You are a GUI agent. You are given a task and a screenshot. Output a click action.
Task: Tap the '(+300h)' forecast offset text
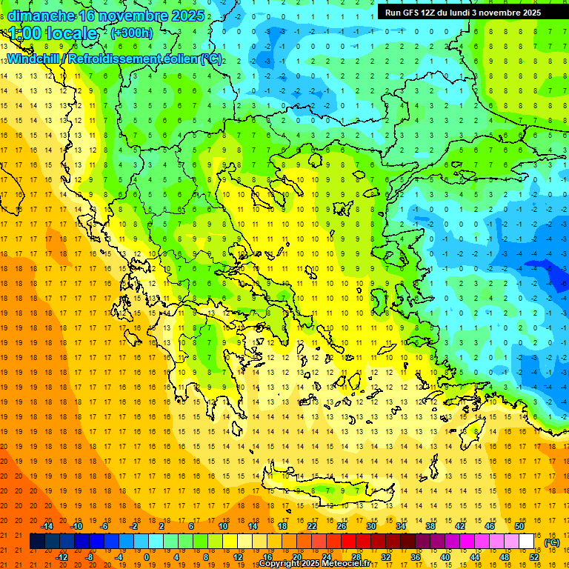click(x=132, y=33)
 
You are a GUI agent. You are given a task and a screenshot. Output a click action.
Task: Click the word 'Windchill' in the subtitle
click(x=33, y=59)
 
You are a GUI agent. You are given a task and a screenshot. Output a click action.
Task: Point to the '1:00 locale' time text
click(x=53, y=33)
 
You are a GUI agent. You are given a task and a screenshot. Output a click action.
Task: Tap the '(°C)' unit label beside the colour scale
click(x=551, y=542)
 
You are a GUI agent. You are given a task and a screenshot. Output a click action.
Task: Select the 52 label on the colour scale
click(x=533, y=556)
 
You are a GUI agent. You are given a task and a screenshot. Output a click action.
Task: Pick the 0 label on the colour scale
click(x=147, y=556)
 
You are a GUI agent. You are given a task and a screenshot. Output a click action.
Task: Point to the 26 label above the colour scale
click(x=342, y=526)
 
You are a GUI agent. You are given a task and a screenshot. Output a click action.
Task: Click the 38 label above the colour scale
click(x=430, y=526)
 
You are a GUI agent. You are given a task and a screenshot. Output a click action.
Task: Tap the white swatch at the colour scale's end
click(x=526, y=542)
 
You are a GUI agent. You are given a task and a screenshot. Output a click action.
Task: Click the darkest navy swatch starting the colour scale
click(x=38, y=542)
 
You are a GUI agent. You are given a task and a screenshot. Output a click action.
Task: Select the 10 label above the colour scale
click(x=222, y=526)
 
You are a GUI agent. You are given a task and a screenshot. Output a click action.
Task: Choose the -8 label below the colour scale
click(x=90, y=556)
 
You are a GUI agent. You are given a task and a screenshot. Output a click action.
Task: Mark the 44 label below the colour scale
click(x=474, y=556)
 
